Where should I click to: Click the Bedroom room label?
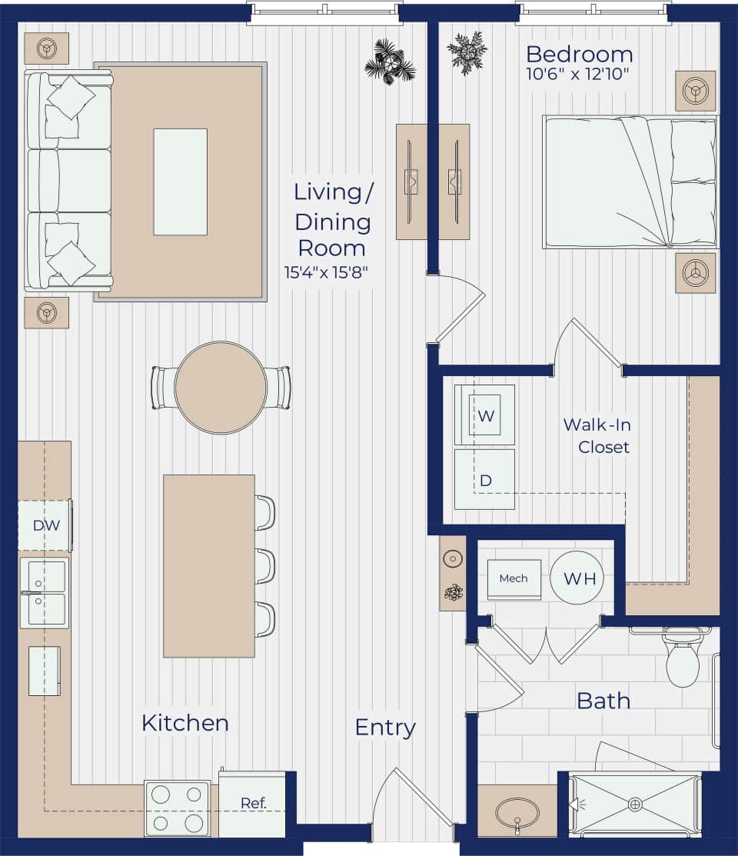(x=579, y=55)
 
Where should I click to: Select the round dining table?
(x=221, y=388)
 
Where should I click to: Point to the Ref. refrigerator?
(x=252, y=803)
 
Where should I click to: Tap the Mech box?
(x=514, y=578)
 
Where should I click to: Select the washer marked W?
(x=485, y=415)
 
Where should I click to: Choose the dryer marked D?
(x=485, y=480)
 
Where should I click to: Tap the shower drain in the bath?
(x=635, y=804)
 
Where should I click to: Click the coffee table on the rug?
(x=180, y=182)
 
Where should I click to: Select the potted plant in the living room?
(x=390, y=62)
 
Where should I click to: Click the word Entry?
(x=385, y=727)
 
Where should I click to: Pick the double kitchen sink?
(x=45, y=593)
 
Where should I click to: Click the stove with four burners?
(x=177, y=809)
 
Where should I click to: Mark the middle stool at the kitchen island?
(x=264, y=566)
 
